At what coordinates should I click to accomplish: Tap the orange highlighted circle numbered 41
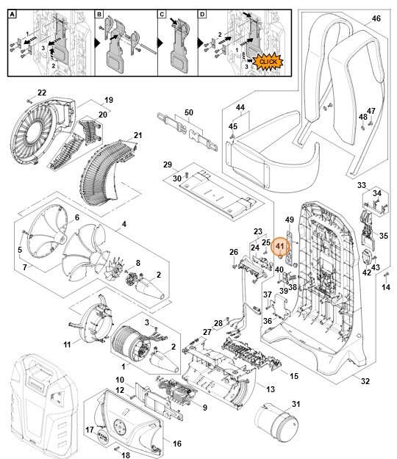pos(279,247)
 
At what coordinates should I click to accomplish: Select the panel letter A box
pos(12,15)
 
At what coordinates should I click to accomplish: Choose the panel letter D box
pos(204,15)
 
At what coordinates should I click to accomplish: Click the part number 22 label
pos(42,93)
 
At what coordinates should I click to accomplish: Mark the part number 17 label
pos(90,430)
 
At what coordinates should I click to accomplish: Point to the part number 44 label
pos(239,107)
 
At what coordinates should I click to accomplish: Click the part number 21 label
pos(137,135)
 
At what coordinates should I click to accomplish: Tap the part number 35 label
pos(383,237)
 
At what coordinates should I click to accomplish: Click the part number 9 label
pos(204,407)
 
